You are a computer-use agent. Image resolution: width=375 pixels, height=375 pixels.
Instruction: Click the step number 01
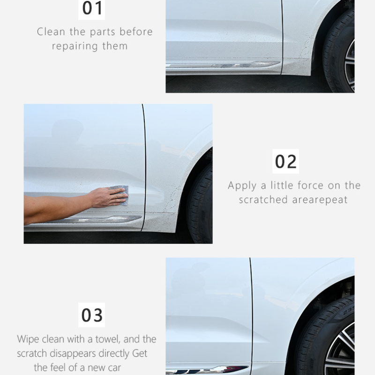tap(92, 8)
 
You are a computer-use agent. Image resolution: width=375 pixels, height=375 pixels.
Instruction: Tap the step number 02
tap(285, 162)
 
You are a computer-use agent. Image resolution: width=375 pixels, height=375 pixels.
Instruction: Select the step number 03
tap(92, 315)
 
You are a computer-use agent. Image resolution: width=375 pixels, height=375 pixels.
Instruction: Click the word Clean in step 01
tap(51, 32)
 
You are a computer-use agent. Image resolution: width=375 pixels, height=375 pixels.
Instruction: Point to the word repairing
tap(75, 46)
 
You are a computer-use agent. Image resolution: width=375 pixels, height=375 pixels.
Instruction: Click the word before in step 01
tap(136, 32)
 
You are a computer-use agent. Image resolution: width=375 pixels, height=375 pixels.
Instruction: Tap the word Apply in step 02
tap(242, 186)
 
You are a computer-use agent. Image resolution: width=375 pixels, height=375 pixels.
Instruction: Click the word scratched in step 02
tap(263, 200)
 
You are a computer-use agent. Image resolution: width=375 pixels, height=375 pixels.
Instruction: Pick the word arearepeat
tap(320, 200)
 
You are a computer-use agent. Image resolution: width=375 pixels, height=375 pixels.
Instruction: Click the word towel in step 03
tap(108, 339)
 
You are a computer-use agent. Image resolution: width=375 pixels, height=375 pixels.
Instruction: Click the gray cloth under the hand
tap(120, 195)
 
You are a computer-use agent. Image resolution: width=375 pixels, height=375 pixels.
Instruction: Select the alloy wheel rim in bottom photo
tap(340, 349)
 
